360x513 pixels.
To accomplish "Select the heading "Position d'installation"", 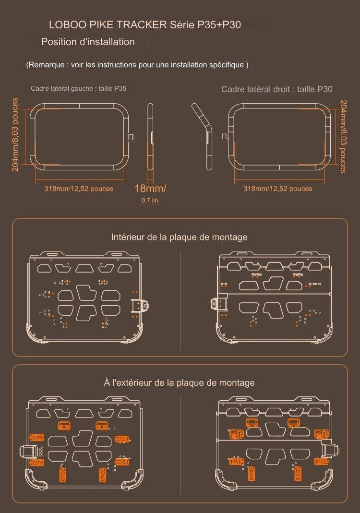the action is point(88,42).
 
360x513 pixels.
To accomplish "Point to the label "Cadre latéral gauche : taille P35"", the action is point(79,88).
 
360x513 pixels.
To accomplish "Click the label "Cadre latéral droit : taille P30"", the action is point(277,89).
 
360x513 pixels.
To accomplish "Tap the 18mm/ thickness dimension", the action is point(150,188).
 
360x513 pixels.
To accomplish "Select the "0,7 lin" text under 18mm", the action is point(150,200).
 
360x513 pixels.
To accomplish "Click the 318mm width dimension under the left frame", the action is point(79,189).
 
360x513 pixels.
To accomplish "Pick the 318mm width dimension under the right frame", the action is point(277,189).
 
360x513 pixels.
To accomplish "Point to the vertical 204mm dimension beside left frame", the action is point(15,134).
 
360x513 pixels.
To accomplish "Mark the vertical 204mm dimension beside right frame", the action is point(343,136).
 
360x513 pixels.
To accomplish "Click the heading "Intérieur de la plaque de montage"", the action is point(179,237).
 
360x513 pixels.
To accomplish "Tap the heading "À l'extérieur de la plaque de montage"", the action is point(179,382).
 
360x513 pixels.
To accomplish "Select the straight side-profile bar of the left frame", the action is point(150,137).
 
